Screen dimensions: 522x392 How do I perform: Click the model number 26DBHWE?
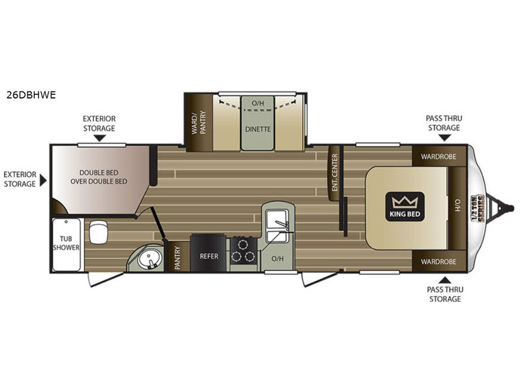click(x=31, y=95)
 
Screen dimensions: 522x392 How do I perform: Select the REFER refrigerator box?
click(x=209, y=253)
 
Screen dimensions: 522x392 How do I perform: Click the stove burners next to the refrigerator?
click(x=243, y=250)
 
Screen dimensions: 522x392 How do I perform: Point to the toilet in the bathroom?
click(x=99, y=232)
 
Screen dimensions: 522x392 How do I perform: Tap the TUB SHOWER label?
click(x=66, y=243)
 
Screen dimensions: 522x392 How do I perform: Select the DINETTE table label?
click(x=258, y=129)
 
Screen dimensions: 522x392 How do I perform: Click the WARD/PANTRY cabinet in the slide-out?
click(x=199, y=122)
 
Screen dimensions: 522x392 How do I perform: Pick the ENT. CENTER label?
click(x=335, y=172)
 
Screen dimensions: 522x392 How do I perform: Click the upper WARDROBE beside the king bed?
click(x=438, y=156)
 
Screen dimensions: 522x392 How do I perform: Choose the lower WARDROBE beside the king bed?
click(x=438, y=262)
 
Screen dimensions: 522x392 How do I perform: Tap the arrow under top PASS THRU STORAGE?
click(x=444, y=138)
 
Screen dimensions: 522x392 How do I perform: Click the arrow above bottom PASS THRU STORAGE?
click(x=444, y=280)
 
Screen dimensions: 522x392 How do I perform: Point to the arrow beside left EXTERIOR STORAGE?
click(x=43, y=180)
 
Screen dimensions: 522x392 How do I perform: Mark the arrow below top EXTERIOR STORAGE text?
click(x=99, y=138)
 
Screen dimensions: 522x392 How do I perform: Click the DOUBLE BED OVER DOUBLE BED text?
click(x=99, y=177)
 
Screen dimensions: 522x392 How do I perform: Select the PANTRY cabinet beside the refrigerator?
click(x=177, y=257)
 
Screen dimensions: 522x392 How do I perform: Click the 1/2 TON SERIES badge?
click(x=477, y=208)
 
